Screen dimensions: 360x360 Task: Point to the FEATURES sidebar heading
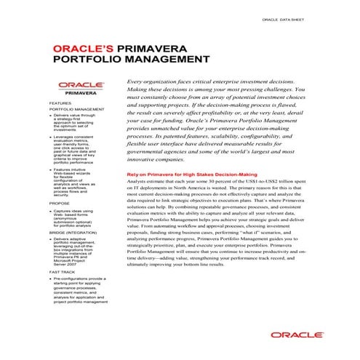pos(62,103)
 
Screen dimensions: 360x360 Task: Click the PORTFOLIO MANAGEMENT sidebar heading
pos(78,109)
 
